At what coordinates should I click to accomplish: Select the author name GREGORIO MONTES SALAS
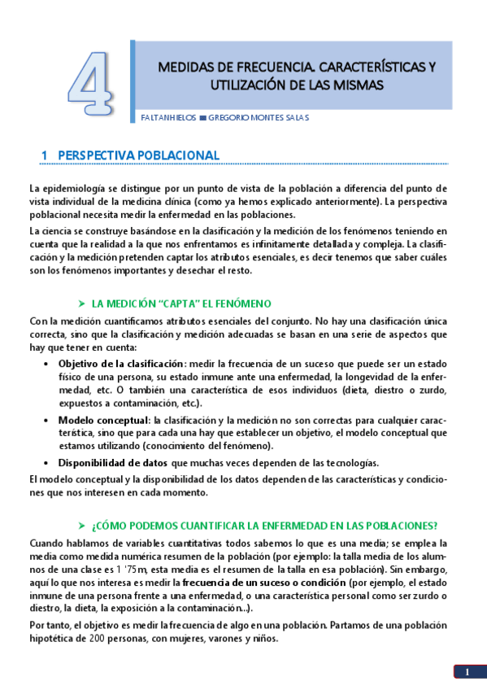coord(259,117)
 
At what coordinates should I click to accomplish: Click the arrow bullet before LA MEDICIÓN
coord(81,303)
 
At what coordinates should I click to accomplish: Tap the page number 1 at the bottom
coord(467,672)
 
